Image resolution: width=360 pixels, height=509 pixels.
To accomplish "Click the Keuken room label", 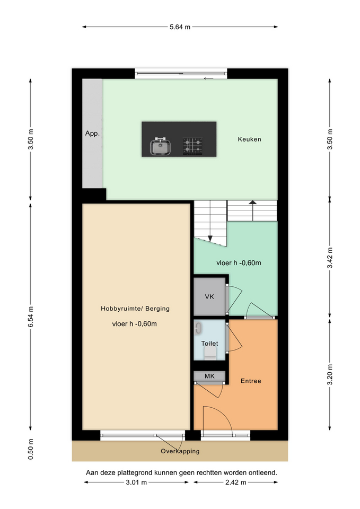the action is (x=249, y=139).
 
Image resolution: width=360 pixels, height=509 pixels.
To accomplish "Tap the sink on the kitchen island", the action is (x=160, y=146).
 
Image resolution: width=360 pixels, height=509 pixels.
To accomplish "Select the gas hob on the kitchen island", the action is (x=192, y=146).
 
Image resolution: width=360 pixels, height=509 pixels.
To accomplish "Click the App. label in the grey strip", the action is (x=92, y=134).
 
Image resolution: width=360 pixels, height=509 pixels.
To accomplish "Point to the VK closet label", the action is (x=209, y=296).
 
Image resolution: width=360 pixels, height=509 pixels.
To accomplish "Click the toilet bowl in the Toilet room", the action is (x=209, y=353).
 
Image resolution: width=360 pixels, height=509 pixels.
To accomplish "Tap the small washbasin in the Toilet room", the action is (x=198, y=328).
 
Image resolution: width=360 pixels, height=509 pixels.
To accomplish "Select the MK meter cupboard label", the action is (x=209, y=376).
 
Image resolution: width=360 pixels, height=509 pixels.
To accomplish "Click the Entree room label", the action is (x=251, y=381).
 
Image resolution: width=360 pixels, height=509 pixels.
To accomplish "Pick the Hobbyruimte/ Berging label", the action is (x=135, y=309).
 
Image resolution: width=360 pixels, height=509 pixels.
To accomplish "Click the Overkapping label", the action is (x=180, y=451).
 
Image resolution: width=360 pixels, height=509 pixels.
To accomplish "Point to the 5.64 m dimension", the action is (x=180, y=27).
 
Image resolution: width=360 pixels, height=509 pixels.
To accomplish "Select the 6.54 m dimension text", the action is (x=31, y=317).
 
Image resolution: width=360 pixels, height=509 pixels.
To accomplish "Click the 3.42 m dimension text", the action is (x=330, y=258).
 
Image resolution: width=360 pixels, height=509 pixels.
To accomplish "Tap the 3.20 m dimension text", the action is (x=330, y=375).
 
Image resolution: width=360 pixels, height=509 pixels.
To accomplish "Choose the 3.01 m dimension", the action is (x=136, y=482).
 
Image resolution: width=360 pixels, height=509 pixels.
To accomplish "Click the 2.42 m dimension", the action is (x=236, y=482).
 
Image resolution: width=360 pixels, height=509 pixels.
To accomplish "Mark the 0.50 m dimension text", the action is (x=31, y=449).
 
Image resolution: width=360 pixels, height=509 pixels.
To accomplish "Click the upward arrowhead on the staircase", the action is (x=252, y=202).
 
